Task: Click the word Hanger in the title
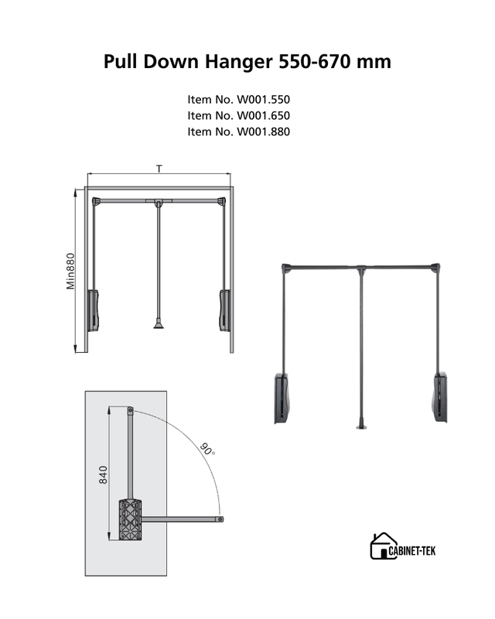(238, 63)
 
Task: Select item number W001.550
(238, 100)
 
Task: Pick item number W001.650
(238, 115)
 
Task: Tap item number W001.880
(238, 132)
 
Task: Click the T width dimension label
(159, 169)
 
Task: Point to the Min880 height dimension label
(70, 272)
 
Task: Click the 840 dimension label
(103, 475)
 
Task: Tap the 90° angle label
(207, 450)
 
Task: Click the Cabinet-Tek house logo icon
(383, 545)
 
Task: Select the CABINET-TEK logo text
(412, 551)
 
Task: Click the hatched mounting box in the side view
(130, 520)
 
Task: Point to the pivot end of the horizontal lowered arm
(220, 519)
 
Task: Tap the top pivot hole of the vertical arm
(130, 410)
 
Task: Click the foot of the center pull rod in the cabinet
(159, 324)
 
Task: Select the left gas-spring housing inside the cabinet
(93, 311)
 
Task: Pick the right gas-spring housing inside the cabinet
(224, 311)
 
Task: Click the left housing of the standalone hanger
(282, 398)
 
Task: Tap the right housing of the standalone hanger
(441, 397)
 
